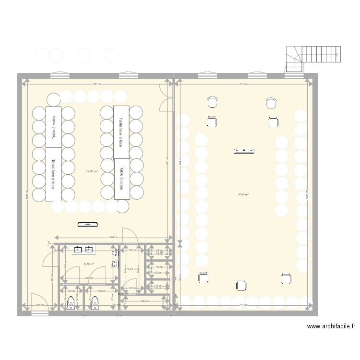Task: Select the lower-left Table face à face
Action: click(x=53, y=174)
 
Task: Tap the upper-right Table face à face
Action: click(x=121, y=132)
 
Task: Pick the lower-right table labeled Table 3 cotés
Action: click(x=121, y=179)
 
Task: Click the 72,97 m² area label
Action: click(x=92, y=171)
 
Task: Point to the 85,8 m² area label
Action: click(x=243, y=194)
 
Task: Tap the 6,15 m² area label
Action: click(x=89, y=264)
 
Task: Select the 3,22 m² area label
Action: click(x=125, y=270)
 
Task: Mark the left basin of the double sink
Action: click(x=78, y=249)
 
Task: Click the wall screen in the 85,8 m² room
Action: click(x=244, y=152)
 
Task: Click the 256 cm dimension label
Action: click(x=144, y=300)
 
